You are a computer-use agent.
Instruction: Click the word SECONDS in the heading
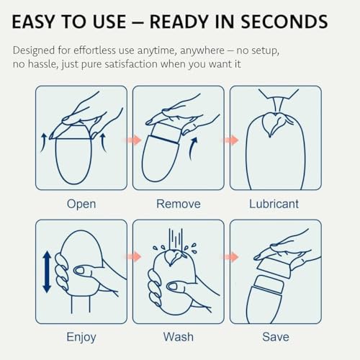click(x=284, y=22)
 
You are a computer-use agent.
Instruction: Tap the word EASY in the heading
click(x=33, y=22)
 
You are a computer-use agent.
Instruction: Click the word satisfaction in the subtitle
click(x=131, y=64)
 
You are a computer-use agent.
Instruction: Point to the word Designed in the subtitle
click(x=34, y=51)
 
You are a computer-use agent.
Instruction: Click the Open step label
click(x=81, y=204)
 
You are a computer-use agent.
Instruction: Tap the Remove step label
click(x=179, y=204)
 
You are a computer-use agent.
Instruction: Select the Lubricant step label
click(x=274, y=204)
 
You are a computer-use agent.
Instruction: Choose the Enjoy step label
click(x=81, y=337)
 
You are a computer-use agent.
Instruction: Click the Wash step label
click(x=179, y=337)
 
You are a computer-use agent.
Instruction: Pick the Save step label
click(x=276, y=337)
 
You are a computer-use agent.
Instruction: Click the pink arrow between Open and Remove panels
click(x=135, y=140)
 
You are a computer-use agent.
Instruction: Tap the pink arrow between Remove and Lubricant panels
click(x=231, y=140)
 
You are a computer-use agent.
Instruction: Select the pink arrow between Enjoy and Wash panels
click(x=135, y=256)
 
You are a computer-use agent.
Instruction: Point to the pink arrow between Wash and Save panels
click(x=231, y=257)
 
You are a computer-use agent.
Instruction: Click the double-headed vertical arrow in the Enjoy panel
click(x=47, y=272)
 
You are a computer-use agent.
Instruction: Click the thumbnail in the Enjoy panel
click(x=78, y=271)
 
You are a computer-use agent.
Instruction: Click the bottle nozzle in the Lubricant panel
click(x=277, y=105)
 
